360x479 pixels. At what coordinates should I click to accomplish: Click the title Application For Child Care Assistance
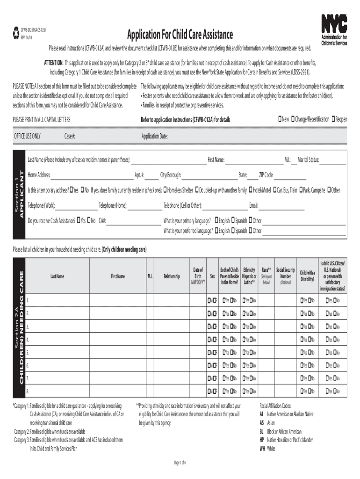tap(180, 34)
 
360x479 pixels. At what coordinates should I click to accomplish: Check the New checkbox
tap(280, 119)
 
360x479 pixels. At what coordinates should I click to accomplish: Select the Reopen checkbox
tap(332, 119)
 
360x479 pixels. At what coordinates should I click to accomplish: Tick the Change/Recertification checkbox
tap(293, 119)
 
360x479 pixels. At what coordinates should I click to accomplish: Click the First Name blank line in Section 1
tap(254, 160)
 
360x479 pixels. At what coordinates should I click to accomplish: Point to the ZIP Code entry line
tap(290, 175)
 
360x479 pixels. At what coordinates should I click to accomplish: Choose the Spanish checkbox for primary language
tap(232, 220)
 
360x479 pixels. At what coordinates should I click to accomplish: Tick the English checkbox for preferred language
tap(216, 231)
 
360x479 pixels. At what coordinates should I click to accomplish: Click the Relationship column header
tap(172, 276)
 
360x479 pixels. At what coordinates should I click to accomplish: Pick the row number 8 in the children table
tap(28, 391)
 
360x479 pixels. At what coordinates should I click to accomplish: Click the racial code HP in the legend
tap(262, 440)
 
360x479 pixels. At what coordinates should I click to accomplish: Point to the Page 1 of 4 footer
tap(180, 463)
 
